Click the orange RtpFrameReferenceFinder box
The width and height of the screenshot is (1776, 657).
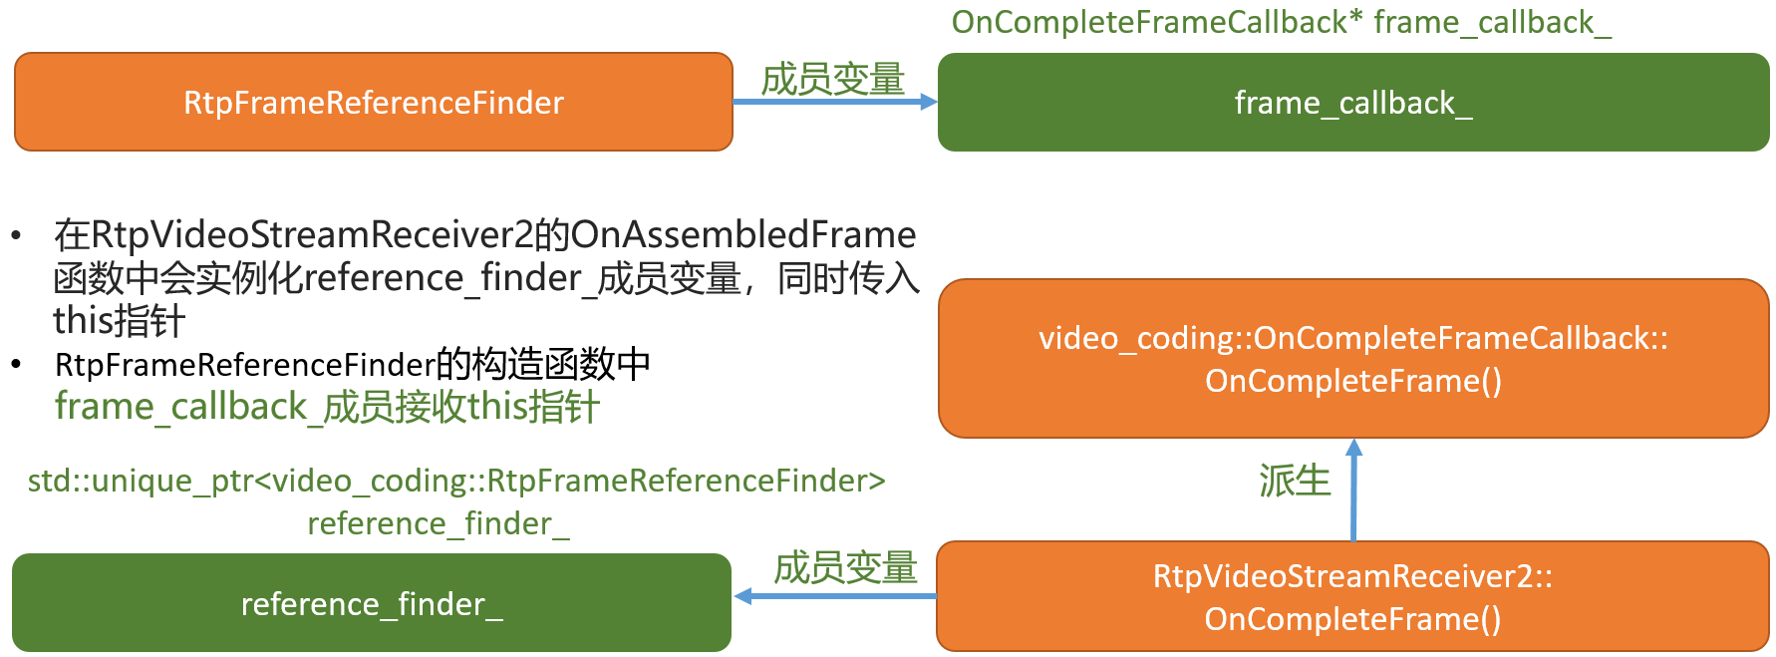[374, 102]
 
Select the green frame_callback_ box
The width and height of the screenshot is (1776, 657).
[1352, 102]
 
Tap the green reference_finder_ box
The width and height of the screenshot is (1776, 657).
[371, 603]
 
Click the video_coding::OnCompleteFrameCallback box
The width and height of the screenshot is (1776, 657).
[1352, 359]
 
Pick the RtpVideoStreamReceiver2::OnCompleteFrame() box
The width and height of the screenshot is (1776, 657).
[1352, 596]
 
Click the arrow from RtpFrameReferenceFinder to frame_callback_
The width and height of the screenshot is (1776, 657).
[834, 102]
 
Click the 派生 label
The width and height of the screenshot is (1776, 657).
[1295, 481]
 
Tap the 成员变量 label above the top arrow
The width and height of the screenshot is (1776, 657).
[832, 79]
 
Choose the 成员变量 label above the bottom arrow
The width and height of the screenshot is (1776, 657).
[845, 567]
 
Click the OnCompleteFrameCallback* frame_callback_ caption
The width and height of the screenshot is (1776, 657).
[1281, 22]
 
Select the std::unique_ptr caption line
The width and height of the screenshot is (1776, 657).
[456, 481]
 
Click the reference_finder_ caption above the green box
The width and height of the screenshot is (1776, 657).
[439, 523]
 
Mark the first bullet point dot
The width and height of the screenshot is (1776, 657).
[16, 236]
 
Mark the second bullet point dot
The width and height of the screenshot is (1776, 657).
[16, 365]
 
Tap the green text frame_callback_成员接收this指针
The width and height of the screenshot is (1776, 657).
[327, 407]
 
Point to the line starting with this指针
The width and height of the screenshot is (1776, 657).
[119, 321]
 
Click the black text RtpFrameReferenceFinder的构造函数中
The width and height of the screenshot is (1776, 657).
[353, 365]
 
